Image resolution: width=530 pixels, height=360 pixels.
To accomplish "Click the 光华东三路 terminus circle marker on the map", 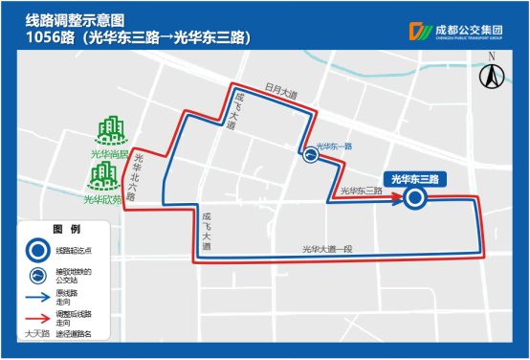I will tap(414, 198).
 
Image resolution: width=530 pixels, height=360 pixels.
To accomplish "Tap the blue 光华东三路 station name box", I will tap(414, 179).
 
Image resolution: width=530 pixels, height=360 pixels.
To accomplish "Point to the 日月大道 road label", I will tap(270, 94).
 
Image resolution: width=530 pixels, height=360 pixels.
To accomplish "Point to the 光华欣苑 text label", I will tap(101, 200).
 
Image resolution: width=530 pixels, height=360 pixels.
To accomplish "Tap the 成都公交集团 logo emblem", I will tap(419, 31).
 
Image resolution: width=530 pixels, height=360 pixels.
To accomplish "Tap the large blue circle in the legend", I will tap(36, 251).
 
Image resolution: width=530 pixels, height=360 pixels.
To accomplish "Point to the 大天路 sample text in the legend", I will tap(37, 336).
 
